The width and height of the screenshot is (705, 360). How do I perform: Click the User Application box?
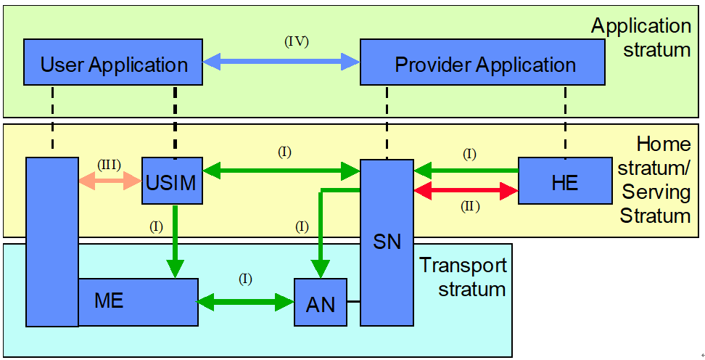coord(114,64)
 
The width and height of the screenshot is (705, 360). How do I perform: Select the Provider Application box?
coord(485,64)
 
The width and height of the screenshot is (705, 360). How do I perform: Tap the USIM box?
coord(172,181)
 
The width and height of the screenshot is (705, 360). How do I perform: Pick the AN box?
coord(321,302)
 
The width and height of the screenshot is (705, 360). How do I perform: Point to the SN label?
coord(387,241)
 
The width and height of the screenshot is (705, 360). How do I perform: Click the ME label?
coord(110,299)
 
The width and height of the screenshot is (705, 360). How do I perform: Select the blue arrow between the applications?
coord(281,62)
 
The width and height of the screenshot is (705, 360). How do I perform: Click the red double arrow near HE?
coord(466,192)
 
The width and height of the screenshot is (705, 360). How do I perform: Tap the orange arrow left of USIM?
coord(110,180)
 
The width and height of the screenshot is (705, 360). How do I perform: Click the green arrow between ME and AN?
coord(246,300)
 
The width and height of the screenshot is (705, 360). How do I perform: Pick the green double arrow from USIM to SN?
coord(281,171)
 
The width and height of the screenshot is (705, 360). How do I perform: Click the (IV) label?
coord(296,41)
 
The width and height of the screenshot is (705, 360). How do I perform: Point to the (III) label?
coord(110,164)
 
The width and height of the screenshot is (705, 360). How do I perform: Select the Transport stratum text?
coord(462,277)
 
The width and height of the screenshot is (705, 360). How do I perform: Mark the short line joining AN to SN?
coord(353,300)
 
